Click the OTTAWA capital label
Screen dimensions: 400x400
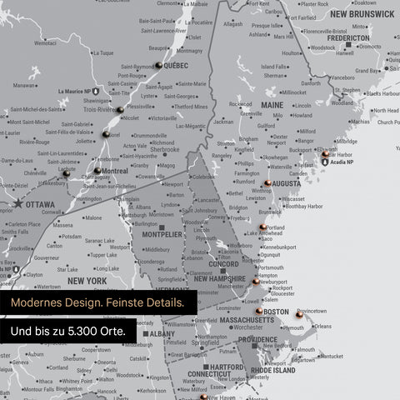pos(41,204)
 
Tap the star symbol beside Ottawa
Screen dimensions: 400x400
pos(17,203)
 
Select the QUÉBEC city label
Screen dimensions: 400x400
pos(175,65)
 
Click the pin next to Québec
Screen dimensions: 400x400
pos(158,64)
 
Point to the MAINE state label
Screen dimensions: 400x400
pos(272,106)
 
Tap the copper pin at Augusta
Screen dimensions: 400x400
pos(267,183)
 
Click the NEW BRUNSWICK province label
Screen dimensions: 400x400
pos(362,14)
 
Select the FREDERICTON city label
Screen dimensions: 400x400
pos(348,37)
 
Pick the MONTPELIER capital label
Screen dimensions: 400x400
pos(162,235)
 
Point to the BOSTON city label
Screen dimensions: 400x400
pos(276,312)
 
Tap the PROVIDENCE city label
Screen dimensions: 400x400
pos(257,340)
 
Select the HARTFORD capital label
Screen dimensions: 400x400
pos(227,367)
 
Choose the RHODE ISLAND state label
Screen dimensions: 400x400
pos(272,370)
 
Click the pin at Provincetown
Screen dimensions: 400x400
pos(299,315)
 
